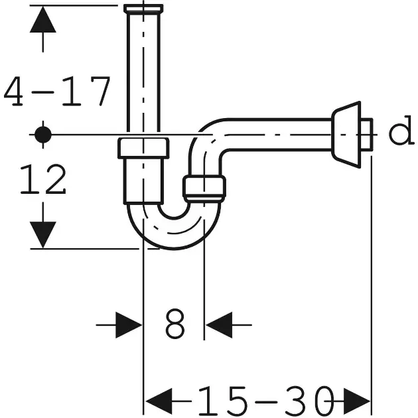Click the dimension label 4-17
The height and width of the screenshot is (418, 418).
57,91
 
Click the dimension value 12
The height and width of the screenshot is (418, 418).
43,178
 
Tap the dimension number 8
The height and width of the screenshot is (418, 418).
175,324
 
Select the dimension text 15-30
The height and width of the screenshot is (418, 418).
266,401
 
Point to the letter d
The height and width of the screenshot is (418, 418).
401,130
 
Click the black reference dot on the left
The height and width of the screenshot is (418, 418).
43,135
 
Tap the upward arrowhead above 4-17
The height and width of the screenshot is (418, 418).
43,19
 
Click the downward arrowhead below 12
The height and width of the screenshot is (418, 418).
43,235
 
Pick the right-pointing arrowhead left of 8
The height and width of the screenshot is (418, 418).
129,325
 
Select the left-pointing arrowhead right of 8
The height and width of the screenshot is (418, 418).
219,325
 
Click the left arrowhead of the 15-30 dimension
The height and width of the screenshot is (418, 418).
159,401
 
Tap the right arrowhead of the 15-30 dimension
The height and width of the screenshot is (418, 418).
357,401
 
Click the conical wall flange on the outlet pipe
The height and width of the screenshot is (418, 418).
346,135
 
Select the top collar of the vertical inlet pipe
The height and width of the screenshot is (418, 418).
143,9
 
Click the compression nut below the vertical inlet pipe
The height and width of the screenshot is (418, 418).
143,148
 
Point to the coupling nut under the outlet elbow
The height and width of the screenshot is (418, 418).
204,187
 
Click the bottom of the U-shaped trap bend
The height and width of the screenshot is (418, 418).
174,242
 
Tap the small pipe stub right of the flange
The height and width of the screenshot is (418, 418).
367,135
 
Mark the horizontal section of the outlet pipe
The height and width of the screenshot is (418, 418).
277,135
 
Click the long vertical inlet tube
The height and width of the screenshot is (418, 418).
143,72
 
